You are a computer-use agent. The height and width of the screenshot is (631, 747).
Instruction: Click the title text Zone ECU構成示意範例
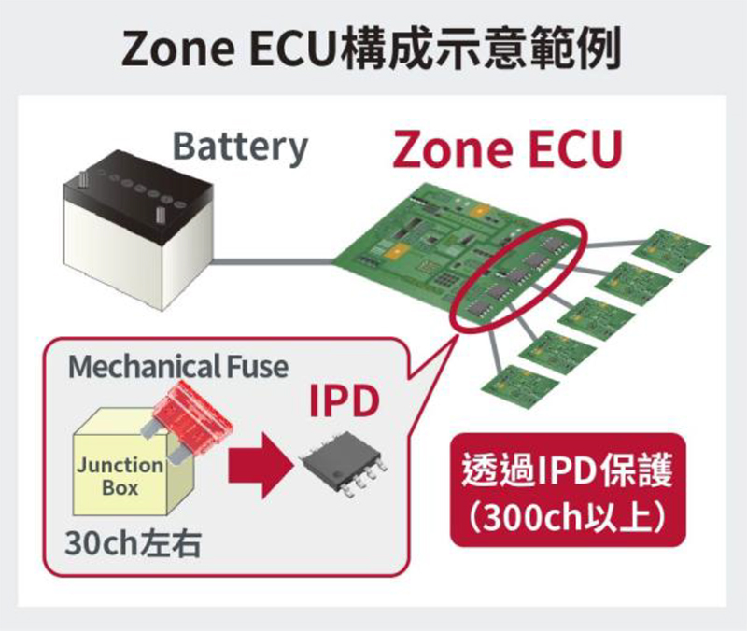coord(372,49)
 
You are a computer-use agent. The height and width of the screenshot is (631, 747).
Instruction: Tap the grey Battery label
coord(241,147)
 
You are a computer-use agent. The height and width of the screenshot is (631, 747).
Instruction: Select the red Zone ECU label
coord(507,148)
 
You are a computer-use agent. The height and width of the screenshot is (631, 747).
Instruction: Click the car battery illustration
coord(138,230)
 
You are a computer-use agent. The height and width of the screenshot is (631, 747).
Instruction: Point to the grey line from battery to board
coord(273,261)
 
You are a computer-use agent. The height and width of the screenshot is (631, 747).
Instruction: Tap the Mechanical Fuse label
coord(178,367)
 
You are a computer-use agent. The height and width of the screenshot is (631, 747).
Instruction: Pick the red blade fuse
coord(189,417)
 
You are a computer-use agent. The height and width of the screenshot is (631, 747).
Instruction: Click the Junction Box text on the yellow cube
coord(120,476)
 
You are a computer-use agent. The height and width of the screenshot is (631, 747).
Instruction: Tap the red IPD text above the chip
coord(344,401)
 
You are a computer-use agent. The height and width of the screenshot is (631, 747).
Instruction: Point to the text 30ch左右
coord(133,543)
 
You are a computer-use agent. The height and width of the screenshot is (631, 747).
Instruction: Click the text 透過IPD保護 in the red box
coord(568,471)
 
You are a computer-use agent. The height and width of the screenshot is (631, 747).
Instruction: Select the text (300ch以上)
coord(567,517)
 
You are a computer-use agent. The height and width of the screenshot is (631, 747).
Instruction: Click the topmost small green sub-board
coord(670,250)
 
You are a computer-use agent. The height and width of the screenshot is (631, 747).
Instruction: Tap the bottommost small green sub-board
coord(520,386)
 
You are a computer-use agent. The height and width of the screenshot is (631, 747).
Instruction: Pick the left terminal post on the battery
coord(84,179)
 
